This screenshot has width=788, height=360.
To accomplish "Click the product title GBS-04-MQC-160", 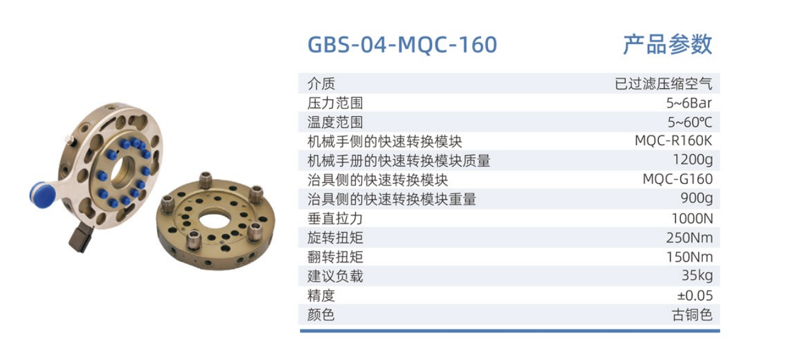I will [x=402, y=45].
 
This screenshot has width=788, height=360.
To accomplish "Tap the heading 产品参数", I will [x=667, y=45].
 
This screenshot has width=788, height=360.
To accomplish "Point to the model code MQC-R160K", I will [x=673, y=141].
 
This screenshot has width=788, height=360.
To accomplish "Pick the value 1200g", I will [x=692, y=160].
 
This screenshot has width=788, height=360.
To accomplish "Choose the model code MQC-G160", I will [x=677, y=179].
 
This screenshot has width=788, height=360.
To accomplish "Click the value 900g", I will [x=696, y=199].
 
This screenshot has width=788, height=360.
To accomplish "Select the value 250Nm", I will [x=689, y=238].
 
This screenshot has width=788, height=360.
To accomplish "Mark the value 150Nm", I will [x=689, y=257].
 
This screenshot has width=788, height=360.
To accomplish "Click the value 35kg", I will [x=697, y=276].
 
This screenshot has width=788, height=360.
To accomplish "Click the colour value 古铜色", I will [x=692, y=315].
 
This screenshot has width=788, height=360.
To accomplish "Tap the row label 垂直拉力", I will [x=335, y=219].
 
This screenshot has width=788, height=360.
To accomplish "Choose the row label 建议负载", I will [x=335, y=276].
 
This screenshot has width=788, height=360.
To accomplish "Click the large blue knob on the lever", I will [x=43, y=193].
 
